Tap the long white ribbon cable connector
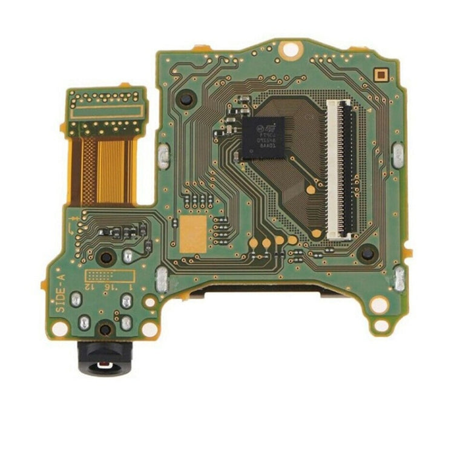pyautogui.click(x=340, y=169)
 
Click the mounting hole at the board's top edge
pyautogui.click(x=291, y=49)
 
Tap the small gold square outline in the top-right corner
pyautogui.click(x=380, y=74)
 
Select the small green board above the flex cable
pyautogui.click(x=107, y=111)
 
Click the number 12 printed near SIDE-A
pyautogui.click(x=90, y=286)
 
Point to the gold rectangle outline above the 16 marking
pyautogui.click(x=109, y=275)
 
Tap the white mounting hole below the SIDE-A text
pyautogui.click(x=60, y=329)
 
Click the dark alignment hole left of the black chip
pyautogui.click(x=186, y=98)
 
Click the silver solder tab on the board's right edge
pyautogui.click(x=398, y=156)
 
